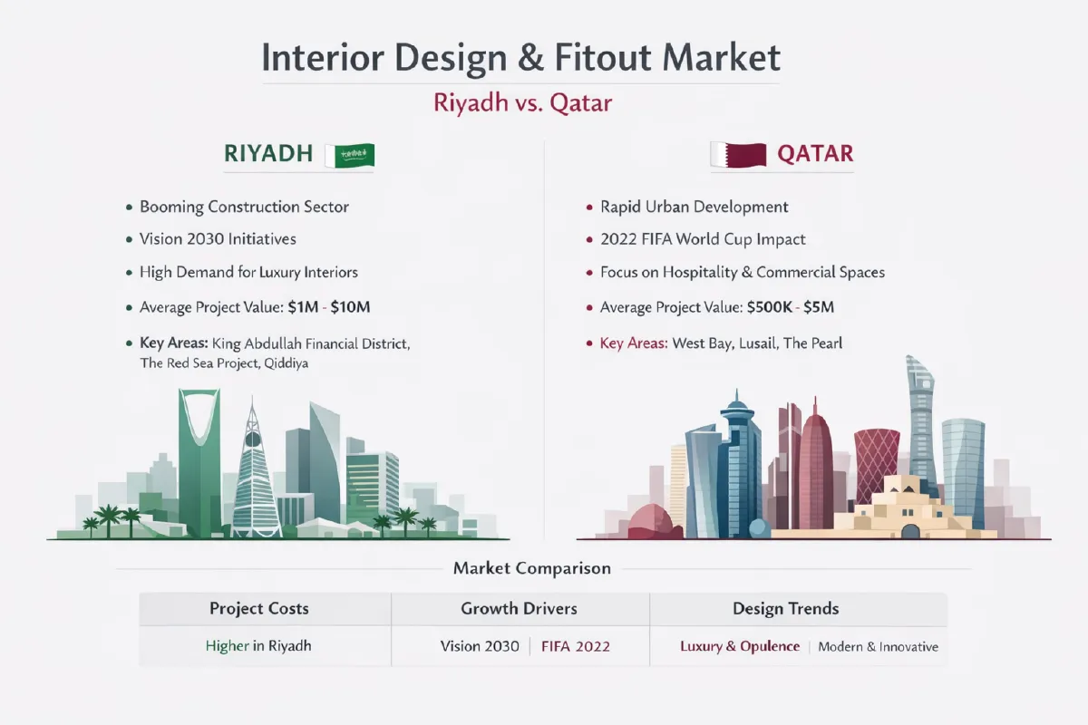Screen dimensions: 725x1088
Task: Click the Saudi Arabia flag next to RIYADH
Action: pos(355,156)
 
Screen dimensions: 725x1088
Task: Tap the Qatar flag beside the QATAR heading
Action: pos(737,155)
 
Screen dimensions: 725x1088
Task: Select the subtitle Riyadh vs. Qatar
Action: pos(523,102)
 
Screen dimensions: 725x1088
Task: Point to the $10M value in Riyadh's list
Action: pos(350,307)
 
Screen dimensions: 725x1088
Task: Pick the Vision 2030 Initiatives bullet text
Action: pos(218,239)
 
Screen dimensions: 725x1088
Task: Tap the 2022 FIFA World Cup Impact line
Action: pos(703,239)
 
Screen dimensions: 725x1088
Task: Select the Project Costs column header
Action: pos(259,608)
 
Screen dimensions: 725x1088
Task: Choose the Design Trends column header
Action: pos(786,608)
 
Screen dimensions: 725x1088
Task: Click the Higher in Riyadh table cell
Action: pos(258,647)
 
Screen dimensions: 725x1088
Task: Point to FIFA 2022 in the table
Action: pos(575,647)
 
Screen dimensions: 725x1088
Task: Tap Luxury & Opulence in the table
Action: pos(740,647)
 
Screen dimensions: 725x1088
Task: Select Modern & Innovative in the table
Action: pos(878,647)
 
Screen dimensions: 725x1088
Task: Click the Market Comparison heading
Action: pos(531,569)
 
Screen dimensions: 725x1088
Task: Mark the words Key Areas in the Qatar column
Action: pos(634,343)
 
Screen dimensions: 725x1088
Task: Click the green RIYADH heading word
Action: pos(268,155)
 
